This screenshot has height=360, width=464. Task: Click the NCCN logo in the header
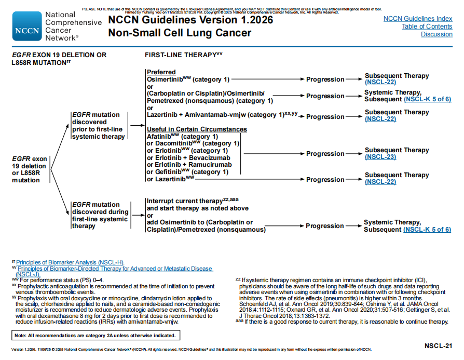(26, 26)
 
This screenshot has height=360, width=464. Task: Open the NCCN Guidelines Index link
(418, 19)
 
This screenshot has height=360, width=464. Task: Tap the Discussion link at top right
(436, 34)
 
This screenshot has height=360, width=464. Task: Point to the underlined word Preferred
(161, 72)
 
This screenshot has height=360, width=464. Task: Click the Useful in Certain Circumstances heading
(197, 129)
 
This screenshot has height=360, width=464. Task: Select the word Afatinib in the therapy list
(159, 137)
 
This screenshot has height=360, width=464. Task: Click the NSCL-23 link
(380, 157)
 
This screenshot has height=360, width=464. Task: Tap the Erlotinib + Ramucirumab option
(188, 165)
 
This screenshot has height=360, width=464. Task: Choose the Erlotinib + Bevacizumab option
(188, 157)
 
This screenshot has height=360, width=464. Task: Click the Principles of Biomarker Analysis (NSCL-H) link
(70, 262)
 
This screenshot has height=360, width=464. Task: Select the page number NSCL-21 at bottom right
(439, 345)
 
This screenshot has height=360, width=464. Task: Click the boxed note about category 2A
(95, 335)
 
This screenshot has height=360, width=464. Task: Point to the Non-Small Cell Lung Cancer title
(180, 33)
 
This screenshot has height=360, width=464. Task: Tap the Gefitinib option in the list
(169, 172)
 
